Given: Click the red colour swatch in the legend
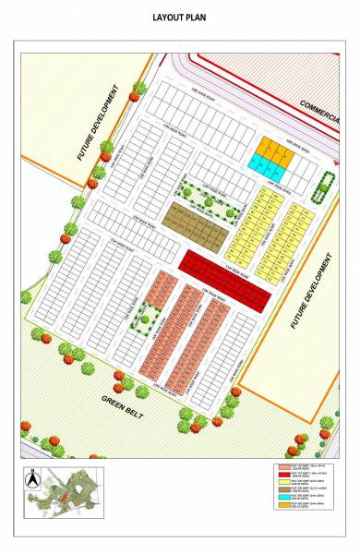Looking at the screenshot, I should (282, 475).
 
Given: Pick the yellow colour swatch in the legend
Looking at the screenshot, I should (282, 482).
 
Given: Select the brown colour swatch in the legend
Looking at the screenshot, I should (282, 489).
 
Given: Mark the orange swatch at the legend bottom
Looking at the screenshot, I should (282, 504).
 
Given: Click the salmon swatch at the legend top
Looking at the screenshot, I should (282, 467).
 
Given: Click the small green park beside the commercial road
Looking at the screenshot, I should (322, 187).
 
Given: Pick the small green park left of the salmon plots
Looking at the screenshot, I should (143, 319).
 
